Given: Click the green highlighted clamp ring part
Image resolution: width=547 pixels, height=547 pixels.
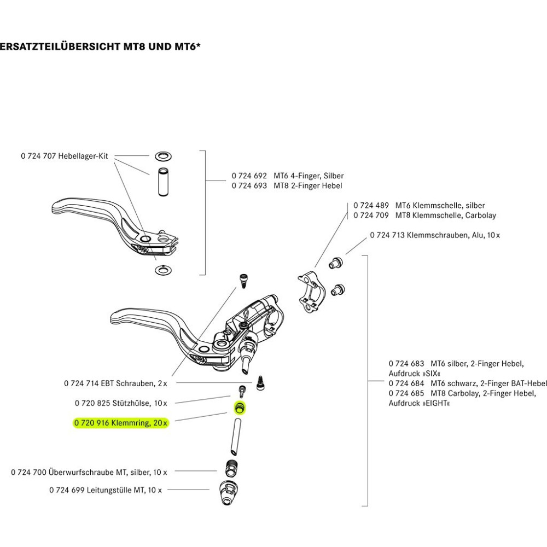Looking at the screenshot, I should pos(239,408).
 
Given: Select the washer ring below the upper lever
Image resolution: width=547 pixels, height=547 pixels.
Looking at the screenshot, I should pos(162,269).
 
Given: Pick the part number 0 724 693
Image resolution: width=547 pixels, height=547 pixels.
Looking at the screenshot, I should pos(249,186).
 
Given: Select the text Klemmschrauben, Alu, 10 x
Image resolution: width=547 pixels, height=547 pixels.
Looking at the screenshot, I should pos(450,235).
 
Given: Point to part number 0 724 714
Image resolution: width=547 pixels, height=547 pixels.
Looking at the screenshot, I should pos(82,383).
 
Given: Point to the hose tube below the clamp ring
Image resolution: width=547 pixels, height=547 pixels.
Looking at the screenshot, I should pos(236,435).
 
